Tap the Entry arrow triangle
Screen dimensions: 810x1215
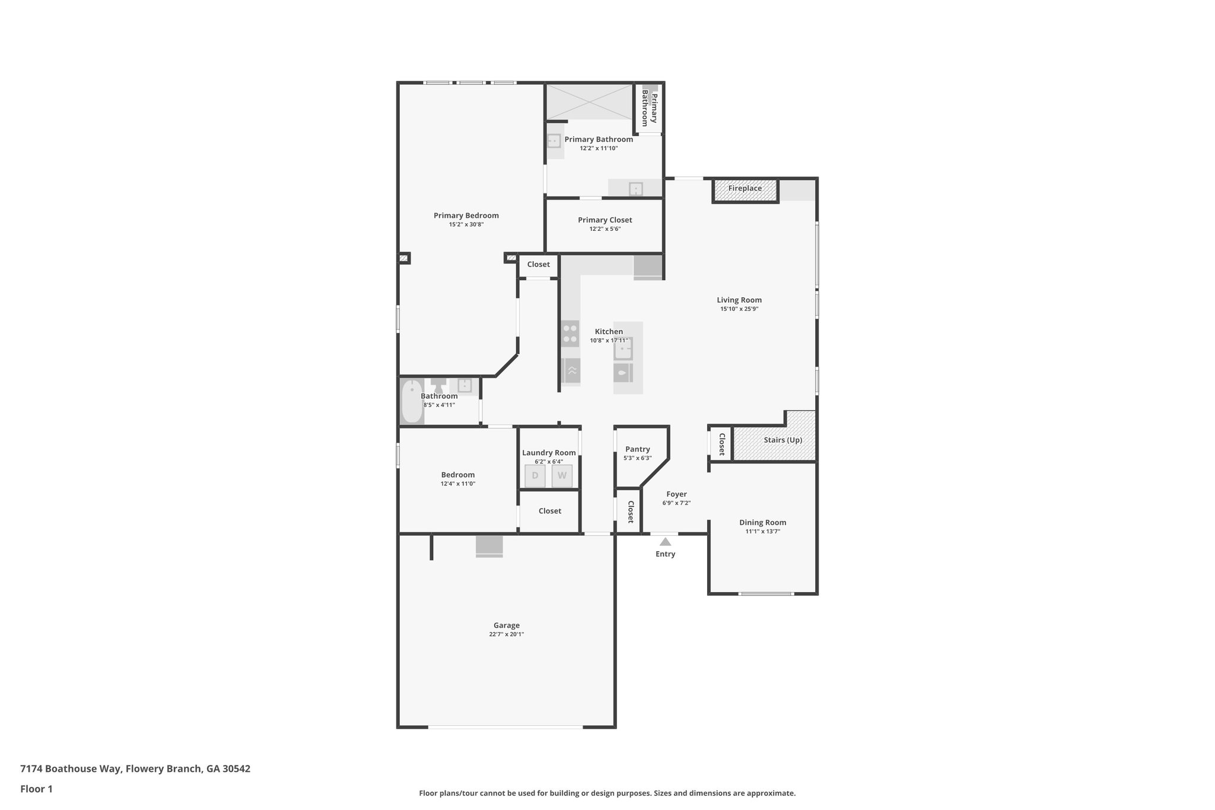pyautogui.click(x=665, y=541)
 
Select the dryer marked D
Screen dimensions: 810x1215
pyautogui.click(x=535, y=476)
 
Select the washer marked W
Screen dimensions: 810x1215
pyautogui.click(x=562, y=476)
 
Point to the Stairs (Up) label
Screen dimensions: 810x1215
pyautogui.click(x=783, y=440)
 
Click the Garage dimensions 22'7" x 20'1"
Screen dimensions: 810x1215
pyautogui.click(x=506, y=634)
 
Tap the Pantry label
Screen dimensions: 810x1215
pyautogui.click(x=637, y=449)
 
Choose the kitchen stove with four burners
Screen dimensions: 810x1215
pyautogui.click(x=570, y=333)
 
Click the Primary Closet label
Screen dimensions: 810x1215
pyautogui.click(x=605, y=220)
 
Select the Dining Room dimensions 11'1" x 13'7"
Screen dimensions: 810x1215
pyautogui.click(x=762, y=532)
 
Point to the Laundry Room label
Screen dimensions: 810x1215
pyautogui.click(x=549, y=453)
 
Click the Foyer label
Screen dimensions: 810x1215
pyautogui.click(x=676, y=494)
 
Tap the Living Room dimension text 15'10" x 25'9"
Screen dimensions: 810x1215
pyautogui.click(x=739, y=309)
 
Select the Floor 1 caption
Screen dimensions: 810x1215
pyautogui.click(x=36, y=789)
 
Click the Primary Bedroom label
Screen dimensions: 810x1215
pyautogui.click(x=466, y=215)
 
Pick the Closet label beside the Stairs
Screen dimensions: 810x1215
pyautogui.click(x=721, y=444)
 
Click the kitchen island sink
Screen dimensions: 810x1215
pyautogui.click(x=623, y=348)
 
